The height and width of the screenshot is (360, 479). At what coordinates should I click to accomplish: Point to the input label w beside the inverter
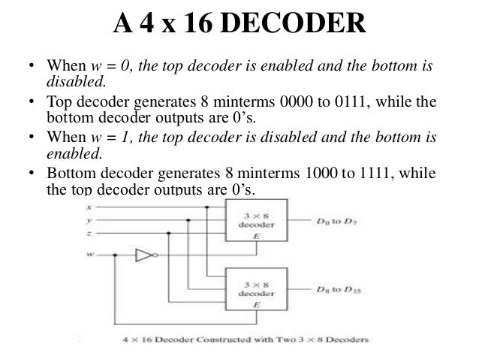90,256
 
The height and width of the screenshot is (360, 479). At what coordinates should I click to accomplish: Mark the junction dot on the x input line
206,207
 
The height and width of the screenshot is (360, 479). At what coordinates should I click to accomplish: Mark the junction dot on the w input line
114,256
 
